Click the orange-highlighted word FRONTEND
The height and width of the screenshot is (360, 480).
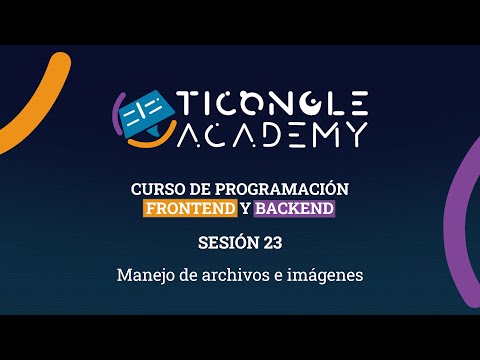190,208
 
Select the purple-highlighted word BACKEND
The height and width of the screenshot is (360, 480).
295,208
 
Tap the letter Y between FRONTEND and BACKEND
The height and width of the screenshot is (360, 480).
246,208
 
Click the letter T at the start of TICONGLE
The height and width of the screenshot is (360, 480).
189,102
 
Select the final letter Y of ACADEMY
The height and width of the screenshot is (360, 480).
355,133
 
